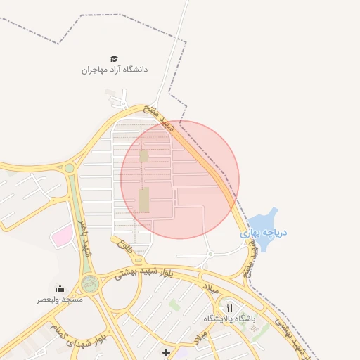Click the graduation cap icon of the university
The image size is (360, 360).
[114, 59]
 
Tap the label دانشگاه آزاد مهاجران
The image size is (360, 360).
[115, 70]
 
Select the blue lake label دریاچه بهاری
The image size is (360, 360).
[264, 233]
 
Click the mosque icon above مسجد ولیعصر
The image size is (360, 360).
[60, 288]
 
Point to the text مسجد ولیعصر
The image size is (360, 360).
[60, 300]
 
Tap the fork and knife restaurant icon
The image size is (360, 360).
[229, 308]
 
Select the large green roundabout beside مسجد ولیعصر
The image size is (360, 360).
[89, 284]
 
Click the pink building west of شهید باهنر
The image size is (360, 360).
[62, 236]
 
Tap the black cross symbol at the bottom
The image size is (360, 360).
[166, 352]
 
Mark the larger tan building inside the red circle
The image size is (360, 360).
[144, 200]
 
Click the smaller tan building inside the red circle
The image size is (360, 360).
[144, 155]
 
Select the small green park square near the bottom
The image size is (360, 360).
[174, 304]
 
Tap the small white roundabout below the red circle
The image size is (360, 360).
[209, 253]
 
